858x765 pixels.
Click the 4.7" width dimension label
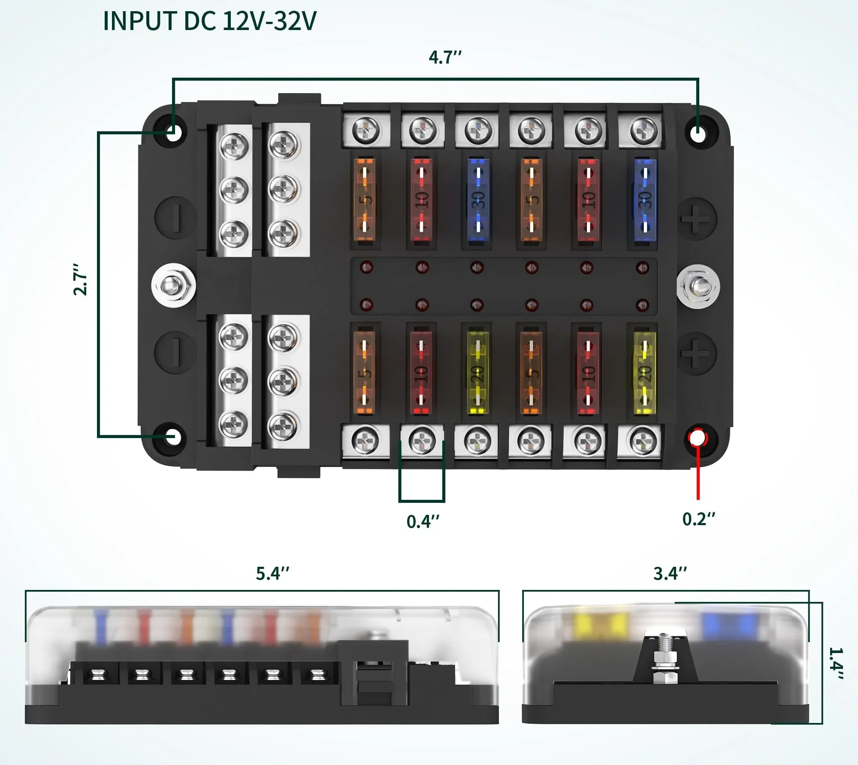click(x=445, y=57)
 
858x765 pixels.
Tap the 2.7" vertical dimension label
click(x=81, y=279)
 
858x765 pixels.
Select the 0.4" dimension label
click(x=423, y=522)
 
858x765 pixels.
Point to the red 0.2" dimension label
click(x=698, y=519)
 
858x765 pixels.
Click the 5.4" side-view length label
click(x=272, y=574)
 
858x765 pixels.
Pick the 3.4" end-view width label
click(x=670, y=574)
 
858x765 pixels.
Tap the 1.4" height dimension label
click(x=836, y=663)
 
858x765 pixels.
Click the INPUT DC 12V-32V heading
click(x=209, y=21)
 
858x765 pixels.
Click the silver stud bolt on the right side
click(x=698, y=286)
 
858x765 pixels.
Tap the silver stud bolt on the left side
click(x=173, y=285)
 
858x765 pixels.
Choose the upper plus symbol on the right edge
click(x=697, y=219)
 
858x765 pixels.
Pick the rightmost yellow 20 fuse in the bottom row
click(x=644, y=372)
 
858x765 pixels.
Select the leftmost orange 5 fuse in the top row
click(x=364, y=200)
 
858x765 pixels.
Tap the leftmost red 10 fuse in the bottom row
click(x=421, y=372)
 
